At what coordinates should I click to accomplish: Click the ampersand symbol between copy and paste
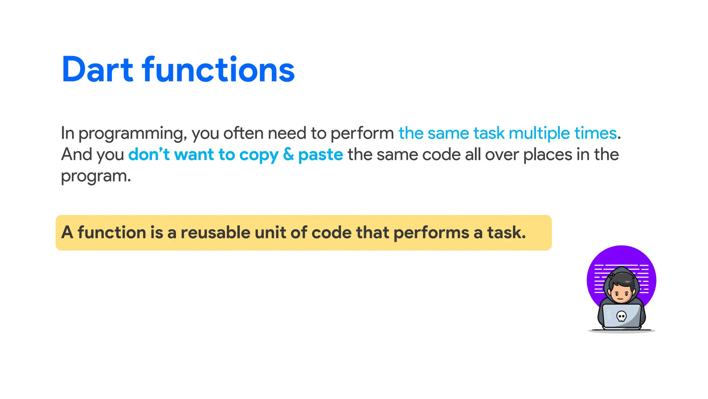[x=288, y=154]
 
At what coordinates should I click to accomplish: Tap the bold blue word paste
[x=320, y=155]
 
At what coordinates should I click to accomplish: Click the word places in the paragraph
[x=548, y=155]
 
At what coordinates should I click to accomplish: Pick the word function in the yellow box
[x=111, y=232]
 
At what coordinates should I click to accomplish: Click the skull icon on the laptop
[x=621, y=316]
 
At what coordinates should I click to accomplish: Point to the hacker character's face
[x=621, y=295]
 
